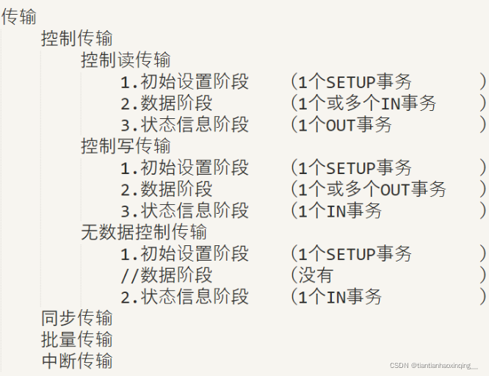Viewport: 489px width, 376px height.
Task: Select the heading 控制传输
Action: pos(77,38)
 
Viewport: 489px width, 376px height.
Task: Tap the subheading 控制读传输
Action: pos(126,59)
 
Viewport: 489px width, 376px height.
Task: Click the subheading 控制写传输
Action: pos(126,145)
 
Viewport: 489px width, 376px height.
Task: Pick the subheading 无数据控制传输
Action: pos(144,232)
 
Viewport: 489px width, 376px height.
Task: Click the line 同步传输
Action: pos(77,318)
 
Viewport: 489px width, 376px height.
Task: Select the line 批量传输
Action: pos(77,339)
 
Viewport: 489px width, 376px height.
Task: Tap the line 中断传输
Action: pos(77,361)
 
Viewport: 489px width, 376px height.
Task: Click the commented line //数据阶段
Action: pos(167,275)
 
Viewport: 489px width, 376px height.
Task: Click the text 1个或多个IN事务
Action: pos(366,103)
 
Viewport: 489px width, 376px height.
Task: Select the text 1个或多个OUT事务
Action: pos(372,189)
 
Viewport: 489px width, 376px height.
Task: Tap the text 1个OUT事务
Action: pos(344,124)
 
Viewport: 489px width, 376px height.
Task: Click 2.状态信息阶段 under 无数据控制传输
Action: pos(185,296)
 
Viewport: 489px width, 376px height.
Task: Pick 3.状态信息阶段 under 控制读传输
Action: pos(185,124)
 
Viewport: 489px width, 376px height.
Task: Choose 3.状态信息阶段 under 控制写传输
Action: pos(185,210)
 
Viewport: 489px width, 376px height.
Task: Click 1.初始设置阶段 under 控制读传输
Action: pos(185,81)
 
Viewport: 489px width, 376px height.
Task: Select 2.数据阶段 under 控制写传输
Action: pos(167,189)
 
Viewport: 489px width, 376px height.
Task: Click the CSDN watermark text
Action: pos(433,365)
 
